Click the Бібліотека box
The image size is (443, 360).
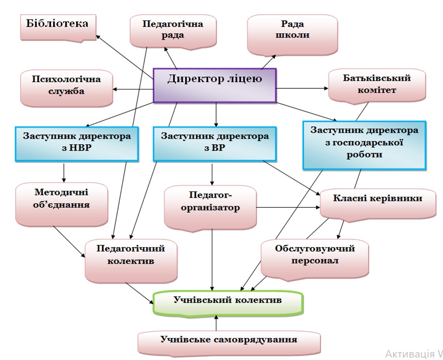58,28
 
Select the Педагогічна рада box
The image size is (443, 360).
173,32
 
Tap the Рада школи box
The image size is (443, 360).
293,35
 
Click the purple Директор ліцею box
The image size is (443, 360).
215,86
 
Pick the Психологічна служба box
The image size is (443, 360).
67,88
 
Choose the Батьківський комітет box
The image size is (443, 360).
377,86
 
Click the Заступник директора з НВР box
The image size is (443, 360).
77,144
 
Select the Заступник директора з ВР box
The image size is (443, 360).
215,144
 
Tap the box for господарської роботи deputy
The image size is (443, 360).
364,145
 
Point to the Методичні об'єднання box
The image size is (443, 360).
62,205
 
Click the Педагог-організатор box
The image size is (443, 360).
210,208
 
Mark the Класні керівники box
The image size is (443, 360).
378,205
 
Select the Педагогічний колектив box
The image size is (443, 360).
131,261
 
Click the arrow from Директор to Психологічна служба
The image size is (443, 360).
133,89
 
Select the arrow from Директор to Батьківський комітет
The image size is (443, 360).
302,88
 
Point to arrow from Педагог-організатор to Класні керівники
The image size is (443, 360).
288,207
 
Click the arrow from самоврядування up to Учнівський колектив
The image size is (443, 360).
216,323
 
